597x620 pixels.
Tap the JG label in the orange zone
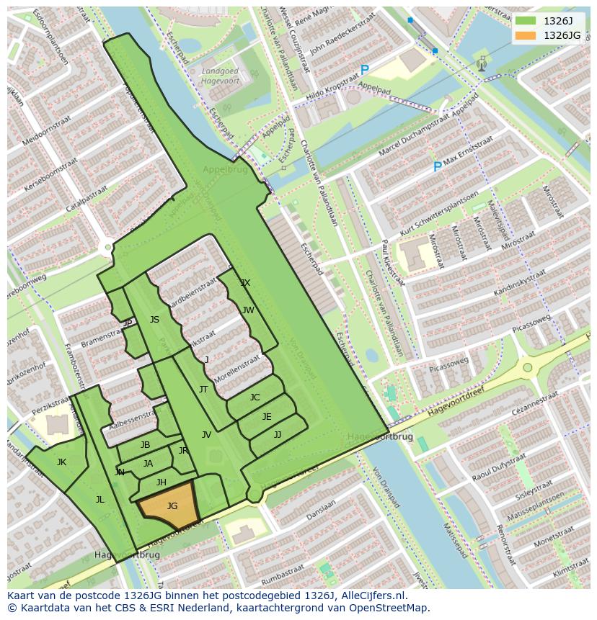172,506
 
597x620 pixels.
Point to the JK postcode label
61,462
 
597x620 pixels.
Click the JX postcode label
245,283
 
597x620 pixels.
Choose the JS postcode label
154,320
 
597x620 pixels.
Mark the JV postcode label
206,435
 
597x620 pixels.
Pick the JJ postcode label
278,435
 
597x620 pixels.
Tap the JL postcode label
100,499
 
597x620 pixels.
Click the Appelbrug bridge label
225,170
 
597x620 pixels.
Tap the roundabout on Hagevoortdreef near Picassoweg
529,367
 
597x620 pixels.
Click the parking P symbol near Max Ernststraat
437,167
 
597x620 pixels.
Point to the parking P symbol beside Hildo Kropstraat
364,71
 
